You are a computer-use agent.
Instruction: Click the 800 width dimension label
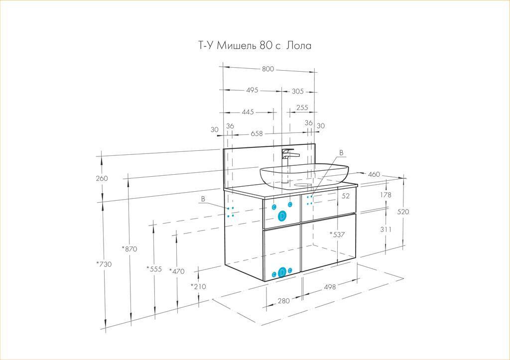coord(268,69)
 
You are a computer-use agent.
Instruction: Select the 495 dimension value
coord(252,90)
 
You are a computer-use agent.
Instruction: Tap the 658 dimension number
coord(256,133)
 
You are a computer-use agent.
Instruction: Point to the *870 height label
coord(129,249)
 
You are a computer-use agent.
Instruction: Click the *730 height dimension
coord(104,264)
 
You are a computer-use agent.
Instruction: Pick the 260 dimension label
coord(102,178)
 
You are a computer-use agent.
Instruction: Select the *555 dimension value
coord(154,269)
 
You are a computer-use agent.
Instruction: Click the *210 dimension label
coord(198,286)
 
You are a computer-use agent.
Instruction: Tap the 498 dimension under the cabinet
coord(330,287)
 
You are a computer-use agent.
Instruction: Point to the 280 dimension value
coord(283,301)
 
